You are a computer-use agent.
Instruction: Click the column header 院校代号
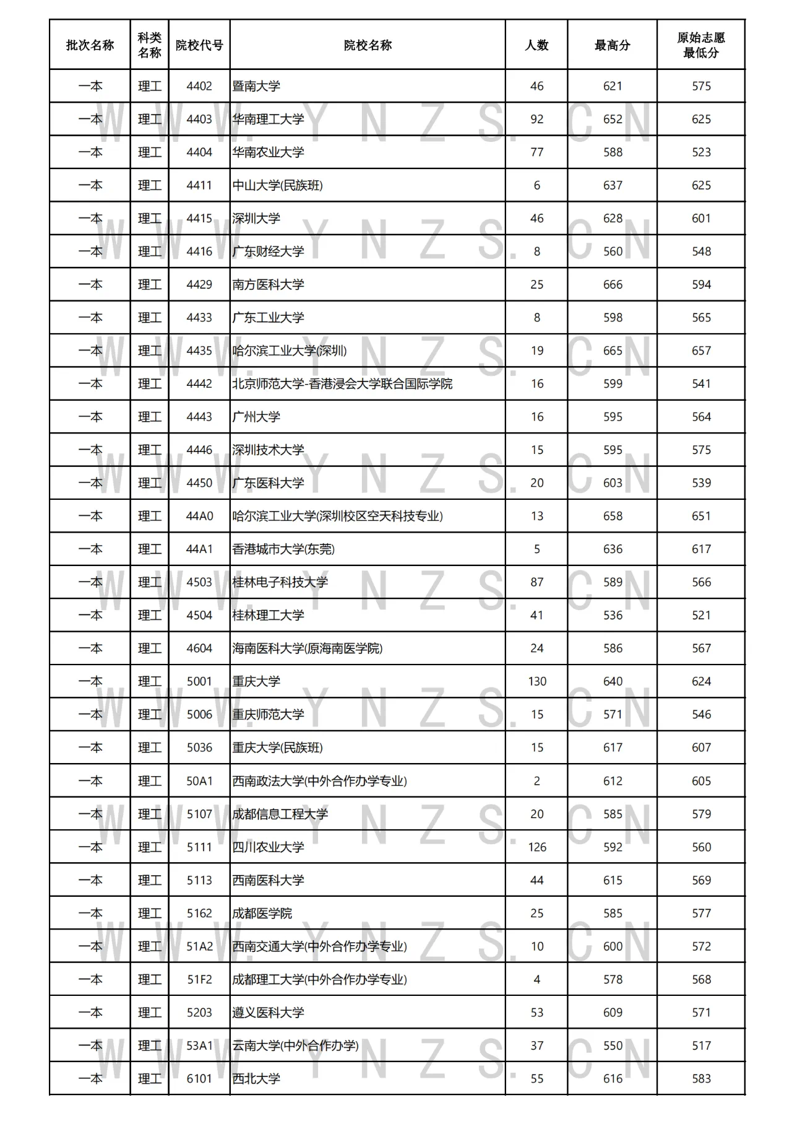(x=199, y=45)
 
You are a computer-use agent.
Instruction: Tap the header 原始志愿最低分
(x=701, y=45)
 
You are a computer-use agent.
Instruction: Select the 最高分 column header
(x=613, y=45)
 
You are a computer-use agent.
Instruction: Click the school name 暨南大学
(x=256, y=86)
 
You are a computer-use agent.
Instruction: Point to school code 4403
(x=199, y=120)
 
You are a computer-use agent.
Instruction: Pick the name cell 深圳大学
(x=256, y=219)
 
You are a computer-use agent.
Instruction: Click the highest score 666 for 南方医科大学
(x=613, y=285)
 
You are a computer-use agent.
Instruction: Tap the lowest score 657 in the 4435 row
(x=701, y=351)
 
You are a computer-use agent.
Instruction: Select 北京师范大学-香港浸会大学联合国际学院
(x=342, y=384)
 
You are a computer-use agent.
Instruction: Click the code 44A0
(x=199, y=516)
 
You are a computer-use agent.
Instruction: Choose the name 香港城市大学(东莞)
(x=283, y=549)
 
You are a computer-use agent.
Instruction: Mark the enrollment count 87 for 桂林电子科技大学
(x=537, y=582)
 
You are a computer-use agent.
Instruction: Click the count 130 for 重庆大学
(x=537, y=681)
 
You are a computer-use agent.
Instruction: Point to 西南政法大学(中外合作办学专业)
(x=319, y=781)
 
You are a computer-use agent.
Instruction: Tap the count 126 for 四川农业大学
(x=537, y=847)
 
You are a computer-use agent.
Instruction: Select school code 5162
(x=199, y=914)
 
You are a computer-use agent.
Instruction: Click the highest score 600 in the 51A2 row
(x=613, y=946)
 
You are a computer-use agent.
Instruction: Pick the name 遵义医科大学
(x=268, y=1013)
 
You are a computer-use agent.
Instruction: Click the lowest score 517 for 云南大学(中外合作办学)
(x=701, y=1045)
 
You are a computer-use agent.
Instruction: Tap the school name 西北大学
(x=256, y=1079)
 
